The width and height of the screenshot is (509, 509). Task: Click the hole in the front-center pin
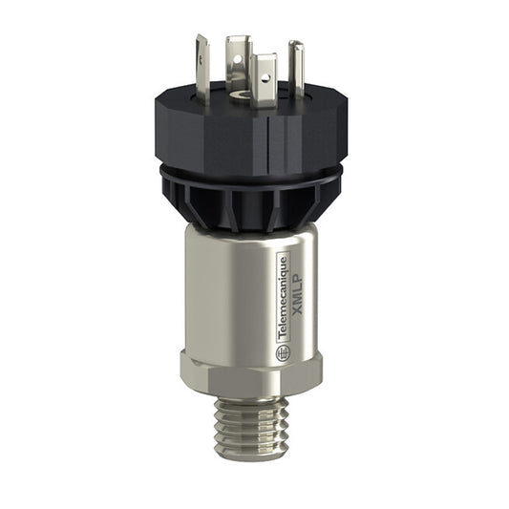point(265,68)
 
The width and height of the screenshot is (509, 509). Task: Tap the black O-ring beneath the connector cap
point(250,175)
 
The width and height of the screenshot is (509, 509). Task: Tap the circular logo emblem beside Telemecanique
point(283,353)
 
